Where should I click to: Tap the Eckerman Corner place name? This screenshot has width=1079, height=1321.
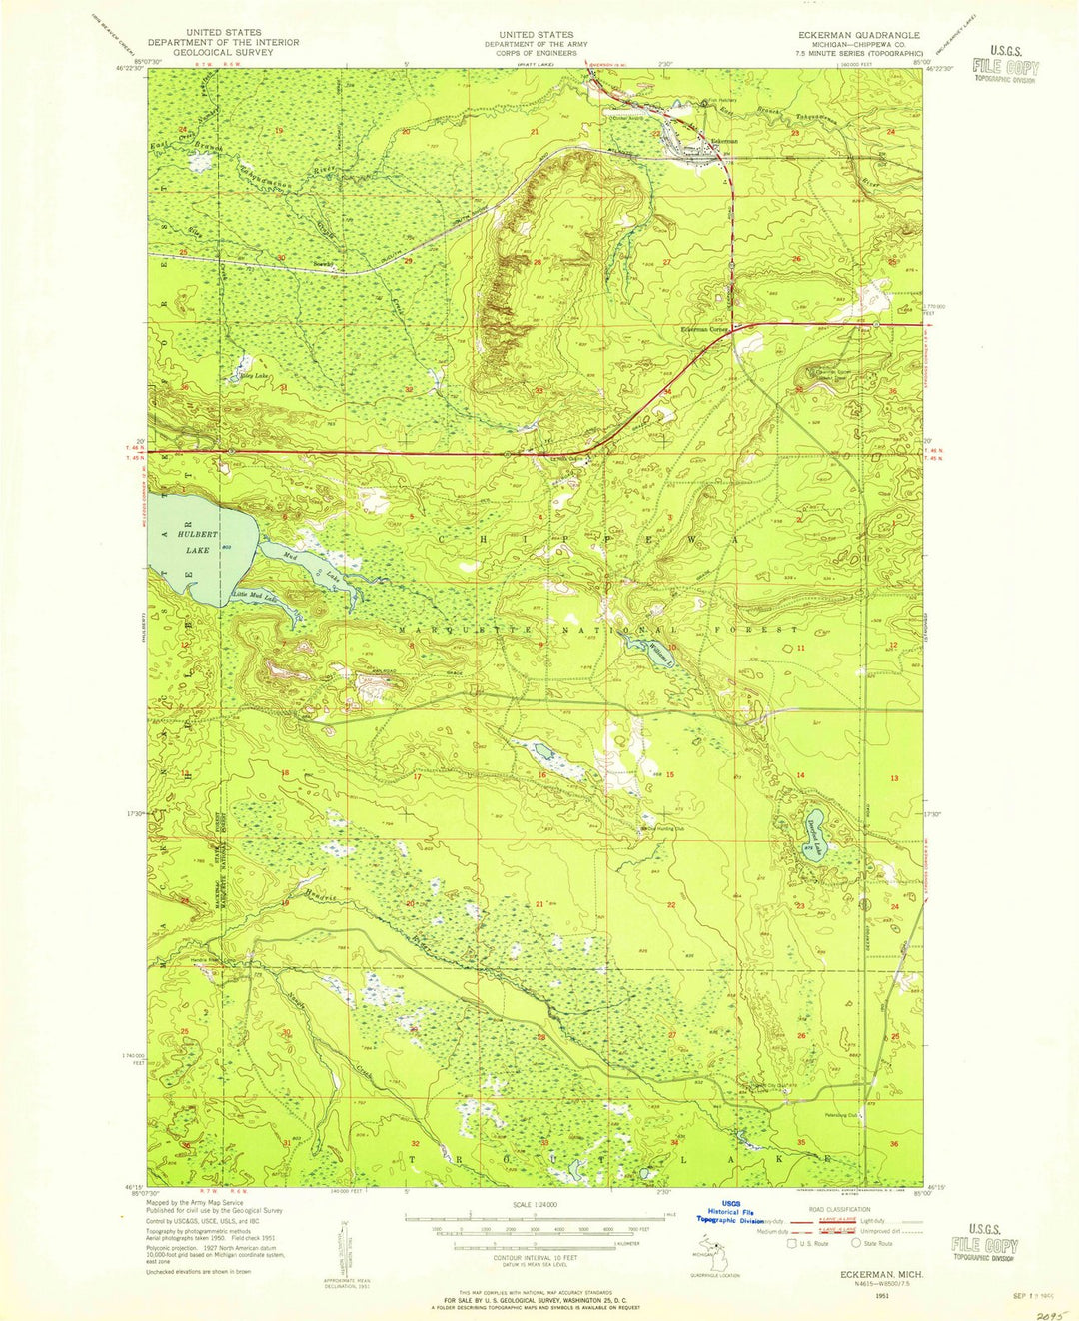click(703, 329)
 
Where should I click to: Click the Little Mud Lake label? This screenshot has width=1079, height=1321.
click(254, 596)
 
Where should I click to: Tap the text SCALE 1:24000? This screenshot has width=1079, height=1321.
click(537, 1204)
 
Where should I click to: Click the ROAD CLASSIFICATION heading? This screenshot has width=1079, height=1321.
click(830, 1207)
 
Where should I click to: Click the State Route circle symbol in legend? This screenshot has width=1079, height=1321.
click(856, 1244)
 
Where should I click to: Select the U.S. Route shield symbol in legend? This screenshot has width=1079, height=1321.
click(793, 1244)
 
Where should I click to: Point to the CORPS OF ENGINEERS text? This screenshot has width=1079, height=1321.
click(537, 54)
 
